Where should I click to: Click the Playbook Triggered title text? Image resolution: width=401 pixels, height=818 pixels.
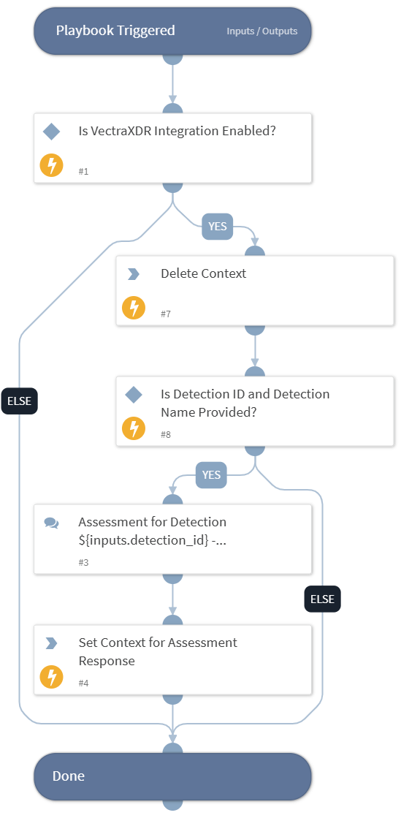[x=115, y=31]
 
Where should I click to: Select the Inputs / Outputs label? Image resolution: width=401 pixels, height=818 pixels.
[x=261, y=31]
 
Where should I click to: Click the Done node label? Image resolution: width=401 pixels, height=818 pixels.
[x=69, y=776]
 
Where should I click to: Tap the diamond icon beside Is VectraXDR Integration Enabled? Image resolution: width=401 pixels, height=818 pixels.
[x=51, y=132]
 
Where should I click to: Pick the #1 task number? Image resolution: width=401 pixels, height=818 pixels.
[x=84, y=172]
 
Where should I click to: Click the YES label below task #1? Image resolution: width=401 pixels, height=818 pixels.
[x=218, y=227]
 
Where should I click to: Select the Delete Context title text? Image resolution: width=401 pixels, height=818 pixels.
[x=203, y=273]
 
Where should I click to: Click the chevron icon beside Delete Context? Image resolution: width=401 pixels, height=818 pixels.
[x=133, y=274]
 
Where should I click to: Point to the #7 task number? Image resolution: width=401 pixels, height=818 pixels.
[x=166, y=314]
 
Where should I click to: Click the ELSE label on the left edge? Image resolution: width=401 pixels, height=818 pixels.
[x=19, y=401]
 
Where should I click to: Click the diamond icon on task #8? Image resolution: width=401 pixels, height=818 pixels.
[x=133, y=395]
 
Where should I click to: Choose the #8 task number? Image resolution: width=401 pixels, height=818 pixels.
[x=166, y=435]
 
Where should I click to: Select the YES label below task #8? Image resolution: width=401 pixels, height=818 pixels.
[x=211, y=475]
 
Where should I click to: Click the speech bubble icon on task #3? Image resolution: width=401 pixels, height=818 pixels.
[x=51, y=523]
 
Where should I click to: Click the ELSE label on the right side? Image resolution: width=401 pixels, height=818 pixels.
[x=322, y=599]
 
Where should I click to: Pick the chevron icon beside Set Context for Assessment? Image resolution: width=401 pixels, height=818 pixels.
[x=51, y=643]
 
